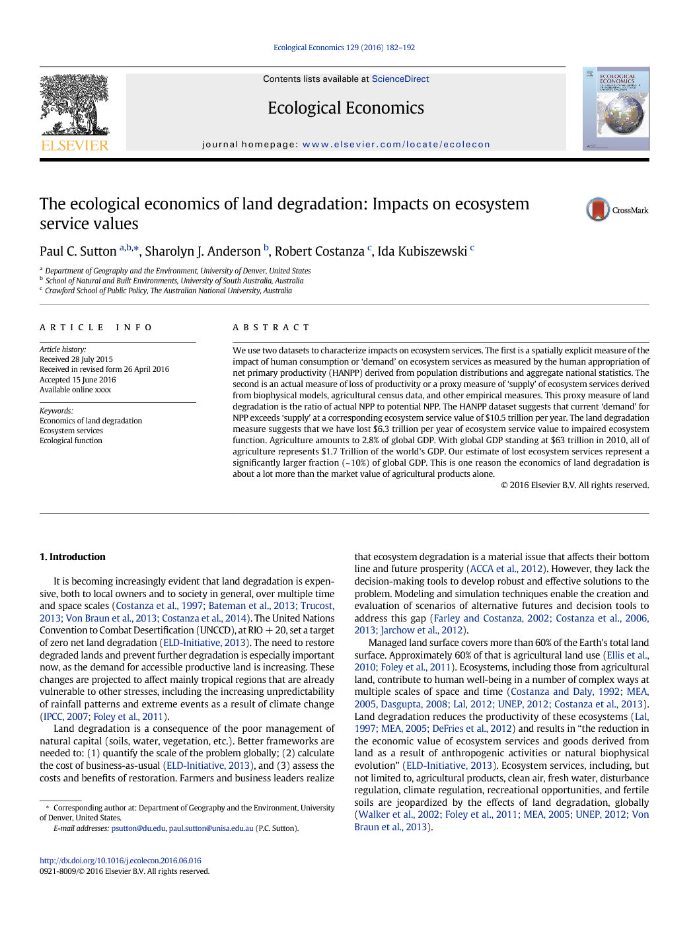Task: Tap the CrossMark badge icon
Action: [x=598, y=209]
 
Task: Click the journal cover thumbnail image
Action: [x=616, y=108]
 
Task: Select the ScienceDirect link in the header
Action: [x=400, y=79]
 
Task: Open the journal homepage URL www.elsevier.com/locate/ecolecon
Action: [x=396, y=145]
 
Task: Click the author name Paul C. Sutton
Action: [x=78, y=252]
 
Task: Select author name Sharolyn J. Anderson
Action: [x=202, y=252]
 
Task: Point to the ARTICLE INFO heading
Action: [x=96, y=328]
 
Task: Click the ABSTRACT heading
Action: [x=271, y=328]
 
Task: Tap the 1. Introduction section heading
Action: [x=73, y=557]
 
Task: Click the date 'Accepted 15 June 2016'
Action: [x=77, y=380]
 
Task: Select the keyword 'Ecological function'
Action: [x=71, y=441]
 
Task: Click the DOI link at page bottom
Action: [x=120, y=861]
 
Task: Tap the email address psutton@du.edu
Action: [x=138, y=828]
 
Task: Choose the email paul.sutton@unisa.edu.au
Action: [x=211, y=828]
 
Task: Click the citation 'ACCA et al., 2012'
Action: [x=507, y=569]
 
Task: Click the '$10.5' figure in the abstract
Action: [x=494, y=418]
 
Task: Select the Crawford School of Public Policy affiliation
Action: [x=168, y=291]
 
